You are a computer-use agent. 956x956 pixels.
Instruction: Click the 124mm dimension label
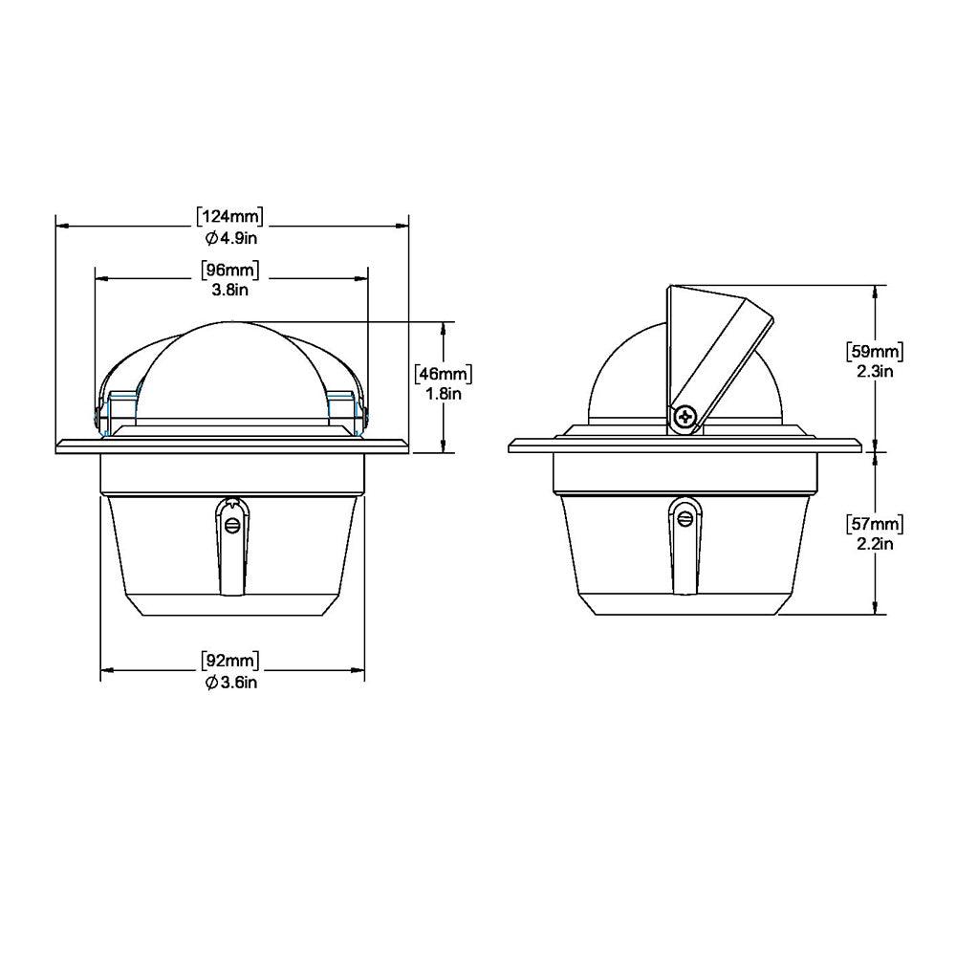pos(230,215)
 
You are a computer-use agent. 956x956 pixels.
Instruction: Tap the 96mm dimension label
pos(230,269)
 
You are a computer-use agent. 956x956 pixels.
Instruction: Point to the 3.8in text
pos(230,289)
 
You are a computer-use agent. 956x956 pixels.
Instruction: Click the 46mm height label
pos(445,373)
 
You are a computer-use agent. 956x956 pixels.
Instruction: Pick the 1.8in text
pos(445,393)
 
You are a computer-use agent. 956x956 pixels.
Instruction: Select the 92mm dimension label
pos(230,661)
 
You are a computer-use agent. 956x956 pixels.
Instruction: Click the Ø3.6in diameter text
pos(230,682)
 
